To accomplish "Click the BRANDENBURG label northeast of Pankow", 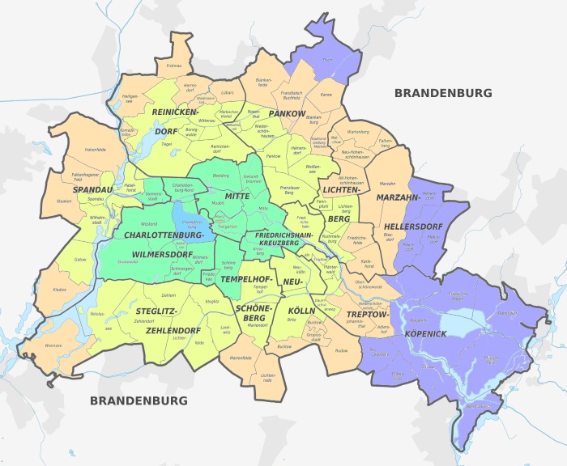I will [443, 93].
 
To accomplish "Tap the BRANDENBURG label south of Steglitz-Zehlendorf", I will [139, 400].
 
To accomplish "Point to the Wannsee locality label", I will [53, 345].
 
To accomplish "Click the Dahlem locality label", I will [168, 295].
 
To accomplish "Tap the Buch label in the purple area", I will [328, 60].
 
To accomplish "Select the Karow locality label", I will [326, 95].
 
